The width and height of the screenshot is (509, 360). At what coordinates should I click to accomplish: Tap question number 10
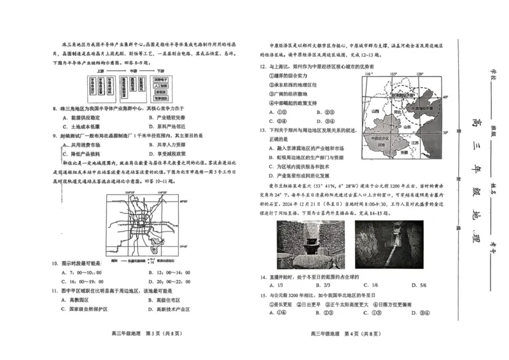click(54, 263)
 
